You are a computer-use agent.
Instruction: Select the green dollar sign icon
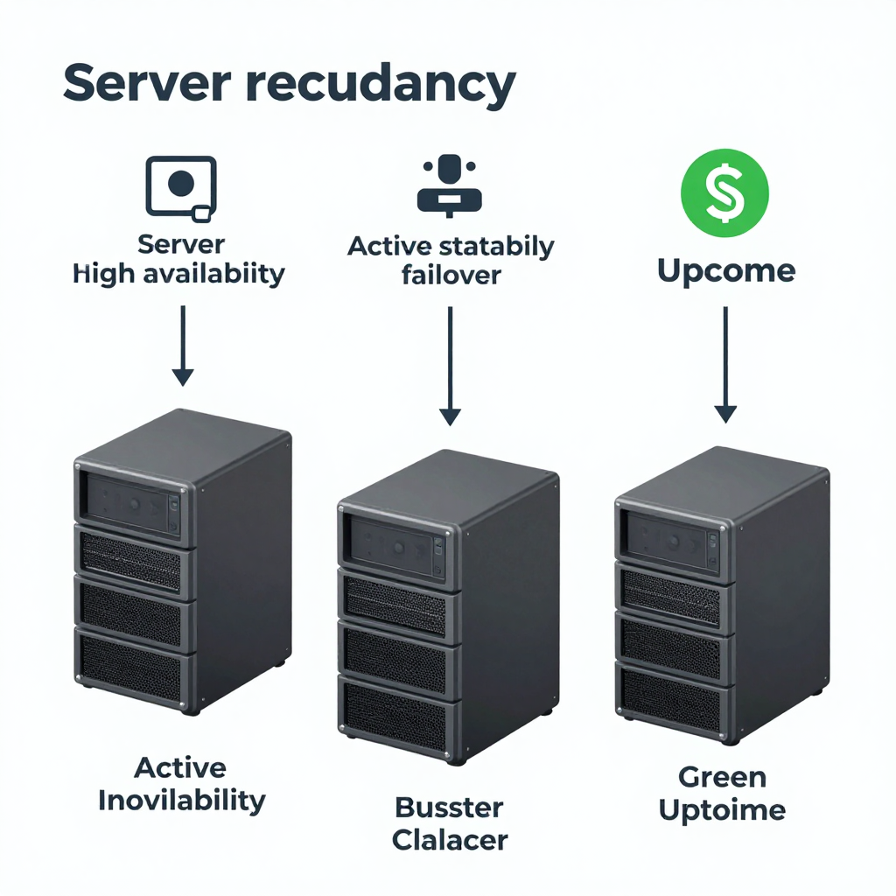(x=724, y=195)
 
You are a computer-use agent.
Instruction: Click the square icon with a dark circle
(x=180, y=185)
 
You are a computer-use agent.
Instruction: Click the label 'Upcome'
(x=725, y=271)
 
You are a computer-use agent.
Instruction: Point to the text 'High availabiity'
(x=179, y=274)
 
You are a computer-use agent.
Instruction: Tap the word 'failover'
(x=451, y=275)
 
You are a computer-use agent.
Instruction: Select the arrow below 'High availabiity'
(x=182, y=345)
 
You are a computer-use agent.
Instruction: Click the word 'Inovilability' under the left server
(x=181, y=800)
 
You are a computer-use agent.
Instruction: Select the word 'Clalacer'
(x=450, y=840)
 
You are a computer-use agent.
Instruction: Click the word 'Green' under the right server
(x=722, y=776)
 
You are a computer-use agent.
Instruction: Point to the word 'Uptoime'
(x=722, y=809)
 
